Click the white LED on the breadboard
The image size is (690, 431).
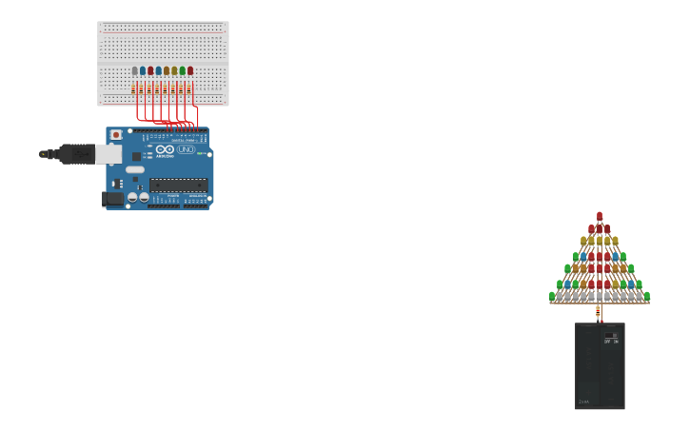click(134, 70)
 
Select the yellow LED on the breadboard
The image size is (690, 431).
click(174, 70)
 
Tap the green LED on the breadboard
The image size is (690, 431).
click(182, 70)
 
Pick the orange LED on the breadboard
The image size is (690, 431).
click(167, 70)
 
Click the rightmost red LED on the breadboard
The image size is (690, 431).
click(190, 70)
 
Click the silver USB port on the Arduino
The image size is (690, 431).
click(108, 154)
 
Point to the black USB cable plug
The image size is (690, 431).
click(74, 153)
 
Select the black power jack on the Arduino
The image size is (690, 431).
click(114, 198)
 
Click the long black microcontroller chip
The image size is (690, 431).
click(178, 185)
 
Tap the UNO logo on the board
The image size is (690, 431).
click(186, 149)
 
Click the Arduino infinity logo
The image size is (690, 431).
click(166, 149)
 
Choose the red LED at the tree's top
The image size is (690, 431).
click(600, 216)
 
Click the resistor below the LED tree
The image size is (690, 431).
click(599, 311)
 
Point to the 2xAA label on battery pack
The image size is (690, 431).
click(583, 402)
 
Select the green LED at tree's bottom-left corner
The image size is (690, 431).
click(552, 296)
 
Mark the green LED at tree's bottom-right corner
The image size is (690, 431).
click(647, 296)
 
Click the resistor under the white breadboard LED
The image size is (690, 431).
click(133, 89)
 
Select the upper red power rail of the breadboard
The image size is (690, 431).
click(162, 32)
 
